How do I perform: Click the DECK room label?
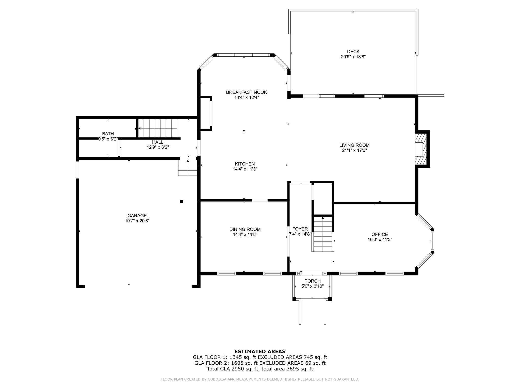click(353, 52)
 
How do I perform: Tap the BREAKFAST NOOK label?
click(246, 92)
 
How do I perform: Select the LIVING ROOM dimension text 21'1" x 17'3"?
click(354, 150)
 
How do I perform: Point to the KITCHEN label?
click(245, 164)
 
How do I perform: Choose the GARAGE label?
click(137, 216)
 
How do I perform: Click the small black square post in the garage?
click(181, 202)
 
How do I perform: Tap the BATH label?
click(108, 134)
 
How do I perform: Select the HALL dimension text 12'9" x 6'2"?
click(158, 147)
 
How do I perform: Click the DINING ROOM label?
click(245, 230)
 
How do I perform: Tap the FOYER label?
click(300, 229)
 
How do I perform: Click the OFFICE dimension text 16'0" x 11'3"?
click(380, 239)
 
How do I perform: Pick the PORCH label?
click(313, 281)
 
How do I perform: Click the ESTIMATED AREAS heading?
click(260, 352)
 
